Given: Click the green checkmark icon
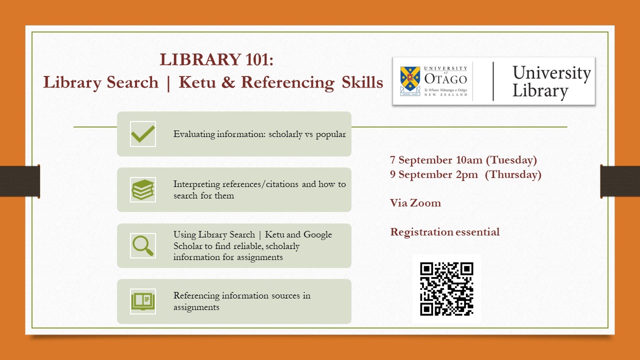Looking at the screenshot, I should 143,134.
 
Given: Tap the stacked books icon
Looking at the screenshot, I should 143,190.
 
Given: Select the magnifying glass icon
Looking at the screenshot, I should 143,245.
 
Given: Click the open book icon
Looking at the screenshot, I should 143,301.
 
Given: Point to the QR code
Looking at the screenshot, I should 446,289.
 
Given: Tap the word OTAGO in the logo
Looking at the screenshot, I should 445,79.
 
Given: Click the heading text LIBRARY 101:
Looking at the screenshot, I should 216,59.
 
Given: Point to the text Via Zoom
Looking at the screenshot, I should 415,203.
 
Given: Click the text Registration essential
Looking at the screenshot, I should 445,232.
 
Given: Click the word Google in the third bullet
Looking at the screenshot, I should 317,234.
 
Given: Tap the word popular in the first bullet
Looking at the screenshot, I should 330,134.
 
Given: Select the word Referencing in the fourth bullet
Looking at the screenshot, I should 196,295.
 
